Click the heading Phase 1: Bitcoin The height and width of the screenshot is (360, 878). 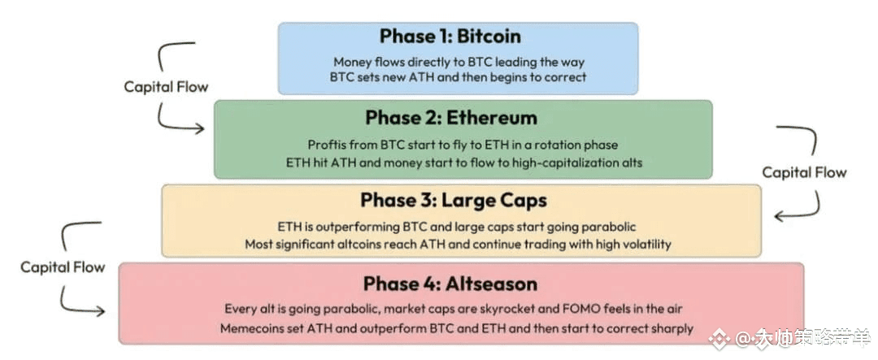tap(450, 37)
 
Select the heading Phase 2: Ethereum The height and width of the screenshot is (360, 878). tap(451, 118)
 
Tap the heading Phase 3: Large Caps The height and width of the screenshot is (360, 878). tap(454, 201)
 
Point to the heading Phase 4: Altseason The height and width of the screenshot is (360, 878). tap(450, 284)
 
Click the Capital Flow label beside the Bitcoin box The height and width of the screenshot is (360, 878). tap(166, 87)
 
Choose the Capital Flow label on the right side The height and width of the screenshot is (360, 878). tap(804, 172)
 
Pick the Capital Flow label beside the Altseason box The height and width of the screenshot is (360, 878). tap(63, 267)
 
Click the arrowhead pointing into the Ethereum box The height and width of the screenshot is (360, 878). tap(199, 128)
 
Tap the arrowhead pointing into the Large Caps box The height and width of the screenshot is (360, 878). tap(780, 215)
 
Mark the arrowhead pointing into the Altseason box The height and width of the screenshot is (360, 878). tap(99, 310)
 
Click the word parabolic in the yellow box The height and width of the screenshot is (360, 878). tap(611, 228)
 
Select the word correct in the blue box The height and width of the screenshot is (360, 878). tap(567, 76)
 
